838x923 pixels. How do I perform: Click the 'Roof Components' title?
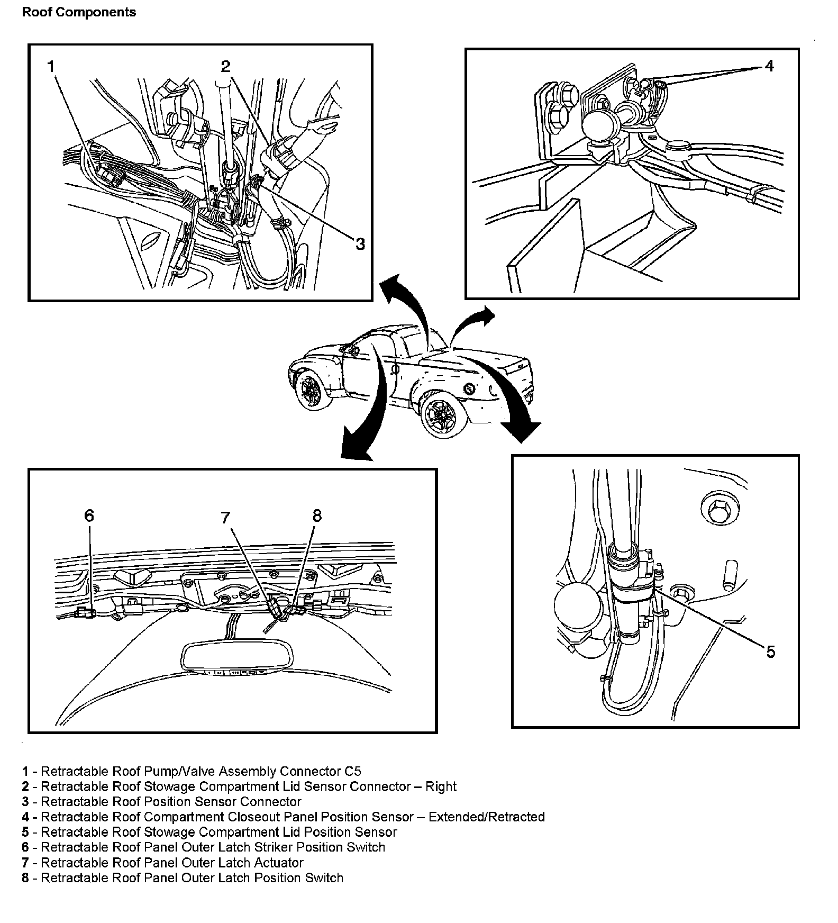coord(79,12)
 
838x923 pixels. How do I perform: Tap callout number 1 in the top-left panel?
coord(51,67)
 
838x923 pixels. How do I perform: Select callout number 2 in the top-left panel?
coord(226,67)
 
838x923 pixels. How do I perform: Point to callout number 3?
coord(360,244)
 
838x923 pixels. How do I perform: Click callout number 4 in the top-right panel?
coord(769,66)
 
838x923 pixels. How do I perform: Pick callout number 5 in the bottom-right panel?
coord(770,652)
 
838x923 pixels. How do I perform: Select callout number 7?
coord(226,517)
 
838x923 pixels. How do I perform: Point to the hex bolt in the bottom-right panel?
coord(716,510)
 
